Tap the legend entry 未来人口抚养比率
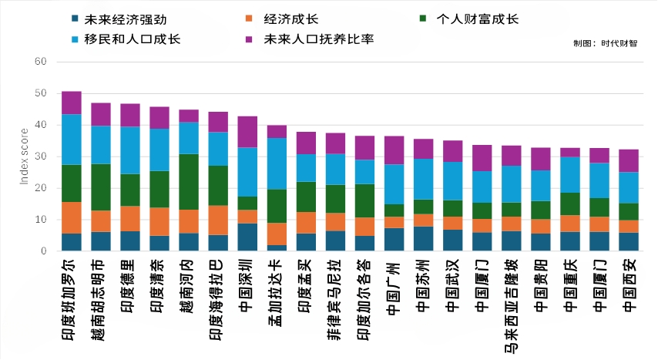pyautogui.click(x=317, y=39)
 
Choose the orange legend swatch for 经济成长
pyautogui.click(x=248, y=19)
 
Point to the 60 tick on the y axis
pyautogui.click(x=41, y=62)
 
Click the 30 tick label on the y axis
pyautogui.click(x=41, y=156)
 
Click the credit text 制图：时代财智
pyautogui.click(x=606, y=44)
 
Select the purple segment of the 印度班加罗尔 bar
pyautogui.click(x=72, y=103)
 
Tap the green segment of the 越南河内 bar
pyautogui.click(x=189, y=182)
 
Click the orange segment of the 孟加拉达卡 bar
pyautogui.click(x=277, y=234)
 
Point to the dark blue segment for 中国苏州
pyautogui.click(x=423, y=239)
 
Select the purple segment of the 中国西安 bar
pyautogui.click(x=629, y=160)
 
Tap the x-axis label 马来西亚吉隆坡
pyautogui.click(x=511, y=308)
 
